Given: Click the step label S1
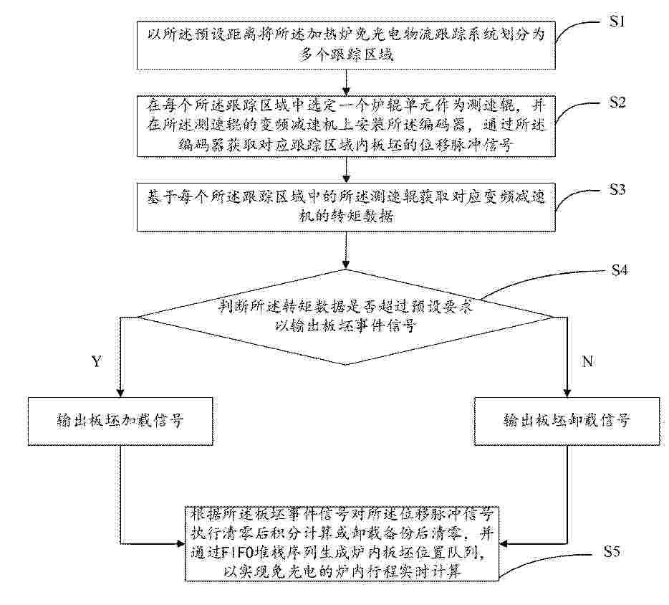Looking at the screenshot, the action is (x=617, y=22).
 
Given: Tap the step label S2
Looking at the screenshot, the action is (x=617, y=102).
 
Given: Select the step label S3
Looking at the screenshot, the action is (x=617, y=189).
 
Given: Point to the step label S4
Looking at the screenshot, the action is (x=620, y=270).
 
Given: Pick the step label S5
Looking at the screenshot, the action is (x=612, y=552).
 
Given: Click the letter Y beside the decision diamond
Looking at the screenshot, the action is (x=97, y=361).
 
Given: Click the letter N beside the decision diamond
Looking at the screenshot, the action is (x=587, y=361).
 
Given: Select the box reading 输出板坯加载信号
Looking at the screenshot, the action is (x=120, y=421).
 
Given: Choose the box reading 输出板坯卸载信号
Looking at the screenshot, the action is (x=567, y=421).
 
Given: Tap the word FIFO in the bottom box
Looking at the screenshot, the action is (x=238, y=553).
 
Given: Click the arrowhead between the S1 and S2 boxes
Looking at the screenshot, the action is (x=346, y=91).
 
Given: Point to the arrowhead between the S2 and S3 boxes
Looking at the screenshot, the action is (x=346, y=178).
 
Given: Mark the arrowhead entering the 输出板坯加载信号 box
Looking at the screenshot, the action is (x=121, y=393).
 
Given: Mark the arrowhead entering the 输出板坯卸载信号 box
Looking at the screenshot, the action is (x=567, y=393).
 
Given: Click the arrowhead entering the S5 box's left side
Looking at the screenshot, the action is (x=181, y=544).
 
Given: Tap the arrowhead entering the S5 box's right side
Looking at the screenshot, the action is (x=504, y=544).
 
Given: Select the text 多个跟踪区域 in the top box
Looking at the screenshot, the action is (x=346, y=54).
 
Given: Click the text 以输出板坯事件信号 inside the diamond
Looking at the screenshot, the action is (x=346, y=326).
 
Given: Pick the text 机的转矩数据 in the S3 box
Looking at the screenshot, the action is (x=346, y=216).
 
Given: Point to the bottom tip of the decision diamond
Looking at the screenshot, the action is (x=346, y=365).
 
